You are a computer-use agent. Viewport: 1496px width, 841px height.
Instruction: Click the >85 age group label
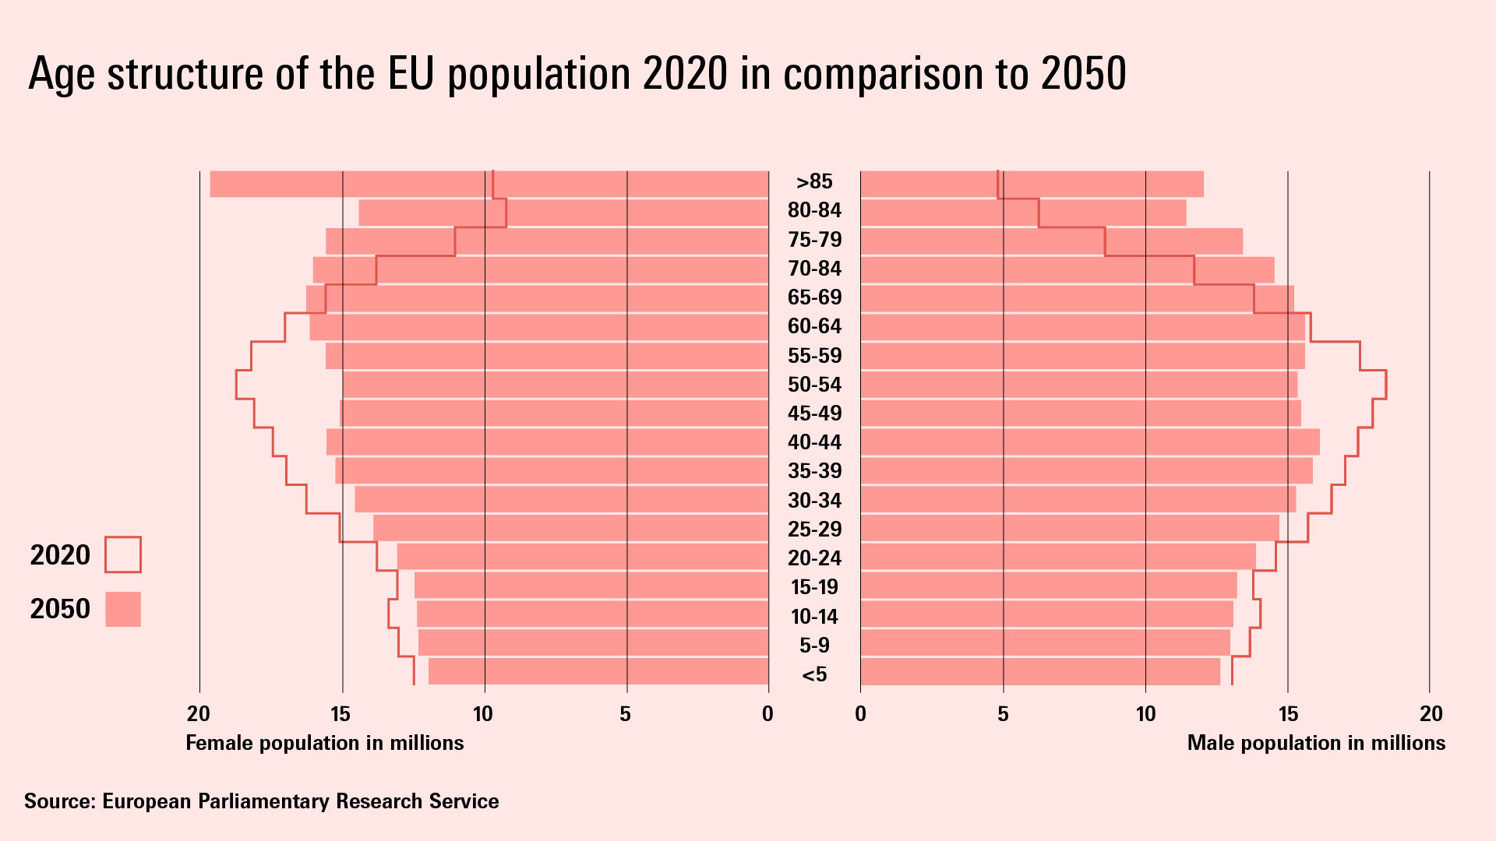[814, 181]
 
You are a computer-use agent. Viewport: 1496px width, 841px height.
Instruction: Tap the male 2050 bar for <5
[1040, 671]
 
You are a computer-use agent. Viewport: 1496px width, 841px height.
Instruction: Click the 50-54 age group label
[814, 385]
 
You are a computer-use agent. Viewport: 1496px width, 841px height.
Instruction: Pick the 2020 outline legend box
[123, 554]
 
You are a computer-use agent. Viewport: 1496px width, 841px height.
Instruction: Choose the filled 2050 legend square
[123, 609]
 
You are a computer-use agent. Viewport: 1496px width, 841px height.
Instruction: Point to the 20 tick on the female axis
[199, 713]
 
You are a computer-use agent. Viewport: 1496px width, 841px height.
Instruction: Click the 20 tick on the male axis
[1431, 713]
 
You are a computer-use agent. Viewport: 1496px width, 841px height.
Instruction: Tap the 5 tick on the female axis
[625, 713]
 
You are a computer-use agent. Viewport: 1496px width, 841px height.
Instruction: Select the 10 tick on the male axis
[1145, 713]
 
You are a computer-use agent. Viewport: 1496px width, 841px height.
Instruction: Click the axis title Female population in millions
[324, 743]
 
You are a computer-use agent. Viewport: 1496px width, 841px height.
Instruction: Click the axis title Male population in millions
[1315, 743]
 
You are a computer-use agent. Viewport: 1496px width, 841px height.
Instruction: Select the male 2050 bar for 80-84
[1023, 213]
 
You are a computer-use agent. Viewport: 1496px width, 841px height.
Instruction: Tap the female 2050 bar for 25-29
[570, 528]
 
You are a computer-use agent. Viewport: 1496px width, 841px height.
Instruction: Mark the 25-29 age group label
[814, 530]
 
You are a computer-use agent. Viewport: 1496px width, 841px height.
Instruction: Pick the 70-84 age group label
[814, 269]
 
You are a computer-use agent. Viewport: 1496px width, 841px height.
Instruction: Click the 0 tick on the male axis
[860, 713]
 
